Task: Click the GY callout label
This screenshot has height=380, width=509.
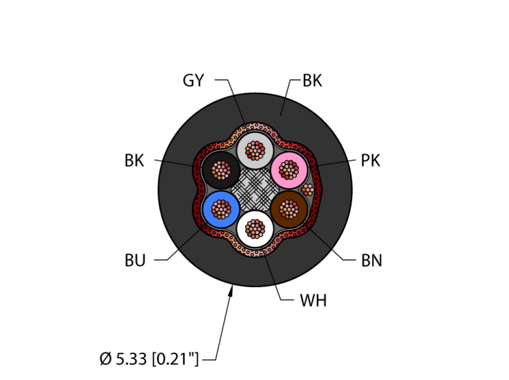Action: click(193, 81)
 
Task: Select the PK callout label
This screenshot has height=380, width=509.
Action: click(371, 161)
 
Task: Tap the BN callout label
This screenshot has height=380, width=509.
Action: click(372, 260)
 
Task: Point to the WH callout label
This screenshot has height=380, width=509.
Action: click(313, 301)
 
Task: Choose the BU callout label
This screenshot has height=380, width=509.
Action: click(135, 260)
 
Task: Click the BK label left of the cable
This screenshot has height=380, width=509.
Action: click(135, 161)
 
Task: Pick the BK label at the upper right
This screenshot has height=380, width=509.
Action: click(312, 81)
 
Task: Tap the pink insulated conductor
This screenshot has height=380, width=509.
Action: click(289, 170)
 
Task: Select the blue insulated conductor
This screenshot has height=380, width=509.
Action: click(221, 209)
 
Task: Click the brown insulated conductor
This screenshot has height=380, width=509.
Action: click(289, 209)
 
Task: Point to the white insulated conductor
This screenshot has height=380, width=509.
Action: click(255, 229)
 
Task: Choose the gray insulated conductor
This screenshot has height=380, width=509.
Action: click(255, 150)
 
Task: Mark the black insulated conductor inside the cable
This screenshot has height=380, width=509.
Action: click(221, 170)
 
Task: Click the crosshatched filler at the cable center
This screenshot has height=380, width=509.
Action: click(255, 190)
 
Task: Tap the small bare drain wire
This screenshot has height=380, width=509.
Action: click(308, 190)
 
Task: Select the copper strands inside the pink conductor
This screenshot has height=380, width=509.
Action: click(289, 170)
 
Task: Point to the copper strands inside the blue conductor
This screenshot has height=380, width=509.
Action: click(221, 209)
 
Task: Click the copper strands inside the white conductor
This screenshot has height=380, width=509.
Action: click(255, 229)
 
